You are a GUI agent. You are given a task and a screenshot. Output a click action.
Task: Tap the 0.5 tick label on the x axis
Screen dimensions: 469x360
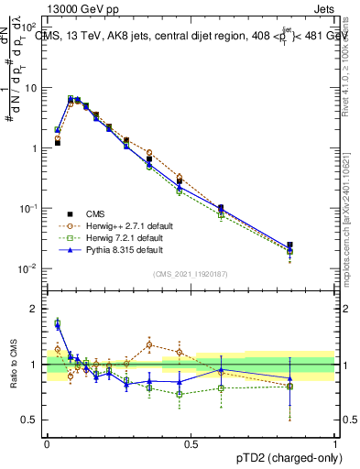click(x=191, y=442)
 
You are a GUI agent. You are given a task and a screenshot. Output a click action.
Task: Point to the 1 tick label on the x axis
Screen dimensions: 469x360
click(x=335, y=442)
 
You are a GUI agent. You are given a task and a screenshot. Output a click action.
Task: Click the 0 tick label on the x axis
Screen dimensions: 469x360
click(x=47, y=442)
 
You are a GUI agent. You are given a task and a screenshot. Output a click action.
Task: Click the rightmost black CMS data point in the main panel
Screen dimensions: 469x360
click(x=316, y=245)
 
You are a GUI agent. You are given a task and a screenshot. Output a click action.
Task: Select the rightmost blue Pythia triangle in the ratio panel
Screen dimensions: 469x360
click(x=316, y=378)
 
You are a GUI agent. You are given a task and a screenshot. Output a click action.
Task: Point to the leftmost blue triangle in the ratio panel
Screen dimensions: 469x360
click(x=57, y=324)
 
